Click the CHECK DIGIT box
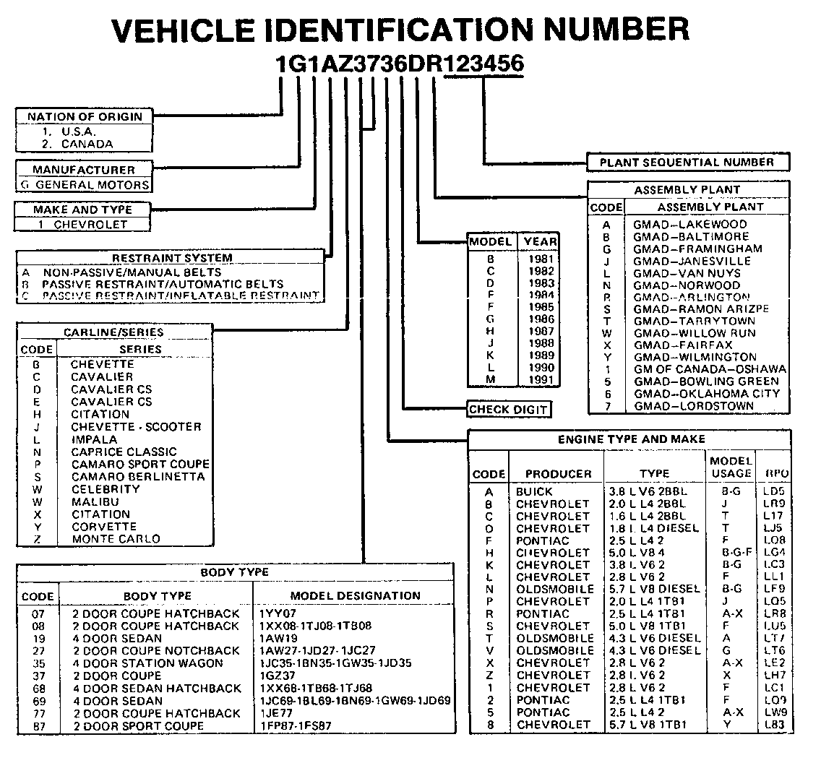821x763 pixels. click(509, 410)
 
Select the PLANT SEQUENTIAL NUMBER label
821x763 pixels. click(687, 163)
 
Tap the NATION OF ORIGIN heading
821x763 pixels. click(85, 116)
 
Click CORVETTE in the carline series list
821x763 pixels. click(103, 527)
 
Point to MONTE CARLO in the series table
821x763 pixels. click(116, 539)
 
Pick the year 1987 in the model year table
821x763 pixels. click(540, 331)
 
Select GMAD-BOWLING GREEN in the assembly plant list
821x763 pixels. click(706, 381)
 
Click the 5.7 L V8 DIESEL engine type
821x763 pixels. click(654, 590)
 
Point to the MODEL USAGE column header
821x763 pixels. click(731, 467)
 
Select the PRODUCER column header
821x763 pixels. click(558, 474)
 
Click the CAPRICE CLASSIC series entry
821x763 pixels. click(124, 452)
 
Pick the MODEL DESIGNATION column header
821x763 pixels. click(355, 596)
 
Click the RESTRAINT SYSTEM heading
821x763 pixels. click(172, 258)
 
